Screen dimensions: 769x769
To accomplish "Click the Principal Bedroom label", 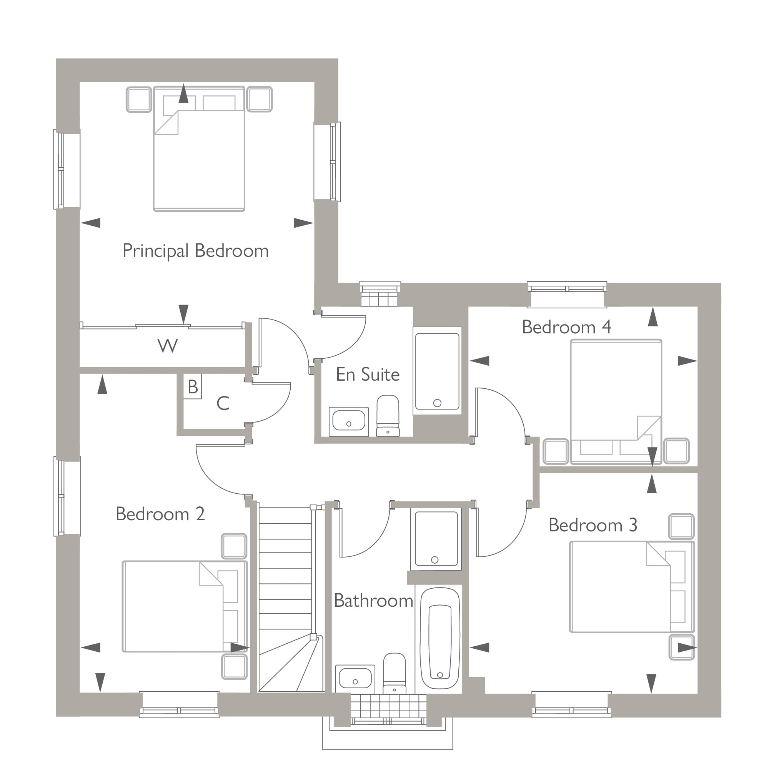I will pyautogui.click(x=195, y=251).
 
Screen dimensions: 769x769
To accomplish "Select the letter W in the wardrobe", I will pyautogui.click(x=168, y=346).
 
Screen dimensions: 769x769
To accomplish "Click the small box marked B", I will pyautogui.click(x=193, y=386).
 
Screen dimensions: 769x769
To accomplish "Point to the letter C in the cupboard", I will pyautogui.click(x=223, y=404).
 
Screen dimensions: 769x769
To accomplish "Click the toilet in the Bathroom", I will pyautogui.click(x=394, y=672).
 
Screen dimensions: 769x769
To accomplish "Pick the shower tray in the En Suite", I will pyautogui.click(x=437, y=371).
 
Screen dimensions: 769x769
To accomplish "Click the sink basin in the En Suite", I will pyautogui.click(x=349, y=421).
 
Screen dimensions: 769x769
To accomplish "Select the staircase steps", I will pyautogui.click(x=285, y=577).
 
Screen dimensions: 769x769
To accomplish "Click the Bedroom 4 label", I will pyautogui.click(x=566, y=327).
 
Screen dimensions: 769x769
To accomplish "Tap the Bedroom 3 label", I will pyautogui.click(x=593, y=525).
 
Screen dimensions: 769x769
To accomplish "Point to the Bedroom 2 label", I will pyautogui.click(x=160, y=514).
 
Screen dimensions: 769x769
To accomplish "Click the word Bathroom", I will pyautogui.click(x=373, y=601).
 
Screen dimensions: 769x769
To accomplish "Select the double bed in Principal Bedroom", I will pyautogui.click(x=199, y=159).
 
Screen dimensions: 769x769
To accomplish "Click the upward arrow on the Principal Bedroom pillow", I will pyautogui.click(x=183, y=94).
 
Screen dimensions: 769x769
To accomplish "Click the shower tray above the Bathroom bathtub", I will pyautogui.click(x=436, y=539).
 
